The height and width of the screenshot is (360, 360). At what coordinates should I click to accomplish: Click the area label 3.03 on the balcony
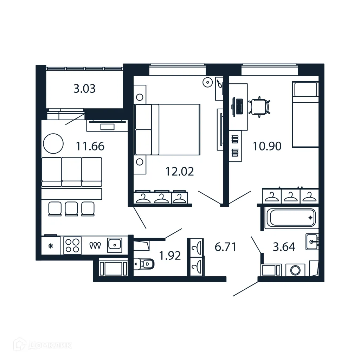click(x=84, y=89)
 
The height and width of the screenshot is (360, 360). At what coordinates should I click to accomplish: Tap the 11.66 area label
click(x=90, y=146)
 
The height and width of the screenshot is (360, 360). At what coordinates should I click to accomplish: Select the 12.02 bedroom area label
click(x=180, y=172)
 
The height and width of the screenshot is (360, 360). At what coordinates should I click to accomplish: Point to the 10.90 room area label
click(x=267, y=146)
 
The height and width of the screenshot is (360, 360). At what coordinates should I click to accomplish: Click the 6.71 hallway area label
click(x=225, y=247)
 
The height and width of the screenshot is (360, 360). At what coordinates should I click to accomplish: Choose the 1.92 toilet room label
click(x=170, y=256)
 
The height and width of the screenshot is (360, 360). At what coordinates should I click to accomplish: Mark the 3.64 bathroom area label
click(x=284, y=247)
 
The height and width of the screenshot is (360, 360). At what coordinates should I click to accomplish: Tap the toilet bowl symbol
click(x=145, y=263)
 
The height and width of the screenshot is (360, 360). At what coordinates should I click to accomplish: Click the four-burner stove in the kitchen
click(x=72, y=245)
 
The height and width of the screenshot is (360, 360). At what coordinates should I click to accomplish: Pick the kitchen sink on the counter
click(x=115, y=244)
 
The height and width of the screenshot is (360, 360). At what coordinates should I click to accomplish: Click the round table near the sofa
click(x=53, y=143)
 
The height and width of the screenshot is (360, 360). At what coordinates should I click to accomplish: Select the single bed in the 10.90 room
click(x=305, y=114)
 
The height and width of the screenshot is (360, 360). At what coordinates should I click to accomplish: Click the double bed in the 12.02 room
click(x=167, y=129)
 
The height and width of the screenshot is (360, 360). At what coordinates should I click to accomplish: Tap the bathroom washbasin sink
click(x=312, y=242)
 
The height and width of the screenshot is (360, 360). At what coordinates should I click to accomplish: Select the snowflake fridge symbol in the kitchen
click(x=51, y=245)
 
